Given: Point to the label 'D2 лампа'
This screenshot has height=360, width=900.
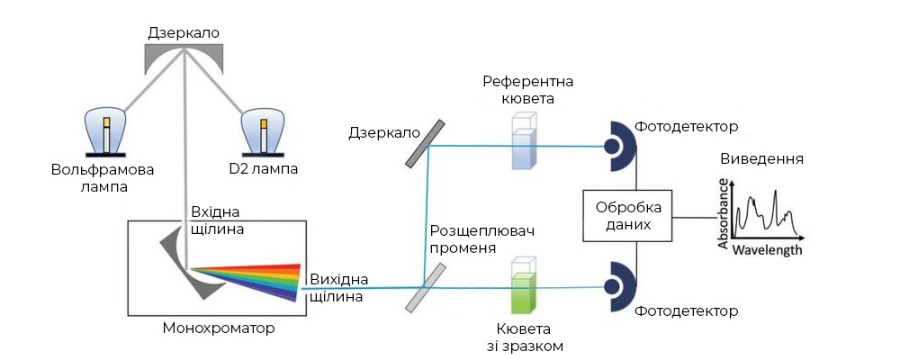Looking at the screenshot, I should [x=263, y=169].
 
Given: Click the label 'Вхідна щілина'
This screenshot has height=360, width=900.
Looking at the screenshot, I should [x=218, y=221].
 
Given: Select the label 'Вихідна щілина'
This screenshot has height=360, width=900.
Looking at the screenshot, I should [x=337, y=287].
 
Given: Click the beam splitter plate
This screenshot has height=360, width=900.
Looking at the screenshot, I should [x=423, y=287].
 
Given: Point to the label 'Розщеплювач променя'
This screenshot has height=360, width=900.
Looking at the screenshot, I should [x=482, y=239].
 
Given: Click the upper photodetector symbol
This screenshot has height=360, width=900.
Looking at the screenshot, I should [x=618, y=145].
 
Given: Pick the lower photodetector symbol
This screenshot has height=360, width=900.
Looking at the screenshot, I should [x=618, y=285].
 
